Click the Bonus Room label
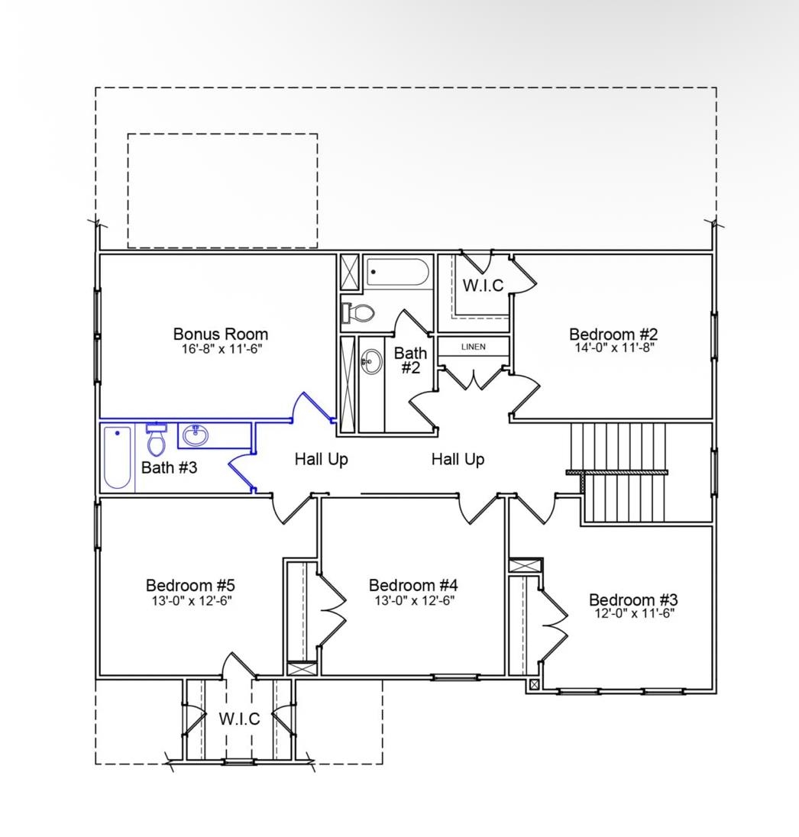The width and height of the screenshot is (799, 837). (220, 334)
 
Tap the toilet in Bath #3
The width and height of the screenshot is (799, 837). (157, 441)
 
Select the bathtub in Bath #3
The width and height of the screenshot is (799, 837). (118, 458)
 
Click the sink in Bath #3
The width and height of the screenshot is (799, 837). (195, 436)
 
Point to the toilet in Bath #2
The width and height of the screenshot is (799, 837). (359, 312)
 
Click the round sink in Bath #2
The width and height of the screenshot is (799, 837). (372, 362)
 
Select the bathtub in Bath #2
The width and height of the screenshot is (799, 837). (397, 272)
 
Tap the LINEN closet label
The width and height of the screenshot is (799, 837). (473, 347)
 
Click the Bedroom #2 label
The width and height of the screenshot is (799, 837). (613, 334)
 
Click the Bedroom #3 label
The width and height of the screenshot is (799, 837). (632, 599)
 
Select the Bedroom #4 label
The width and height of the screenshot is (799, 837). (413, 585)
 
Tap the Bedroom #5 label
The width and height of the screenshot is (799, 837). (190, 585)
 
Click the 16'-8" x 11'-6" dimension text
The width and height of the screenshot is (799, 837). (220, 348)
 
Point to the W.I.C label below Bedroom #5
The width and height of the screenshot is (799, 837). (239, 719)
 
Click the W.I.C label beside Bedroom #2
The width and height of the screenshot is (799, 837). (483, 286)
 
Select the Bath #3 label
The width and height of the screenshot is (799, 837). (169, 467)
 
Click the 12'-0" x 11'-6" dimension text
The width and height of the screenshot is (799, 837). (634, 613)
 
